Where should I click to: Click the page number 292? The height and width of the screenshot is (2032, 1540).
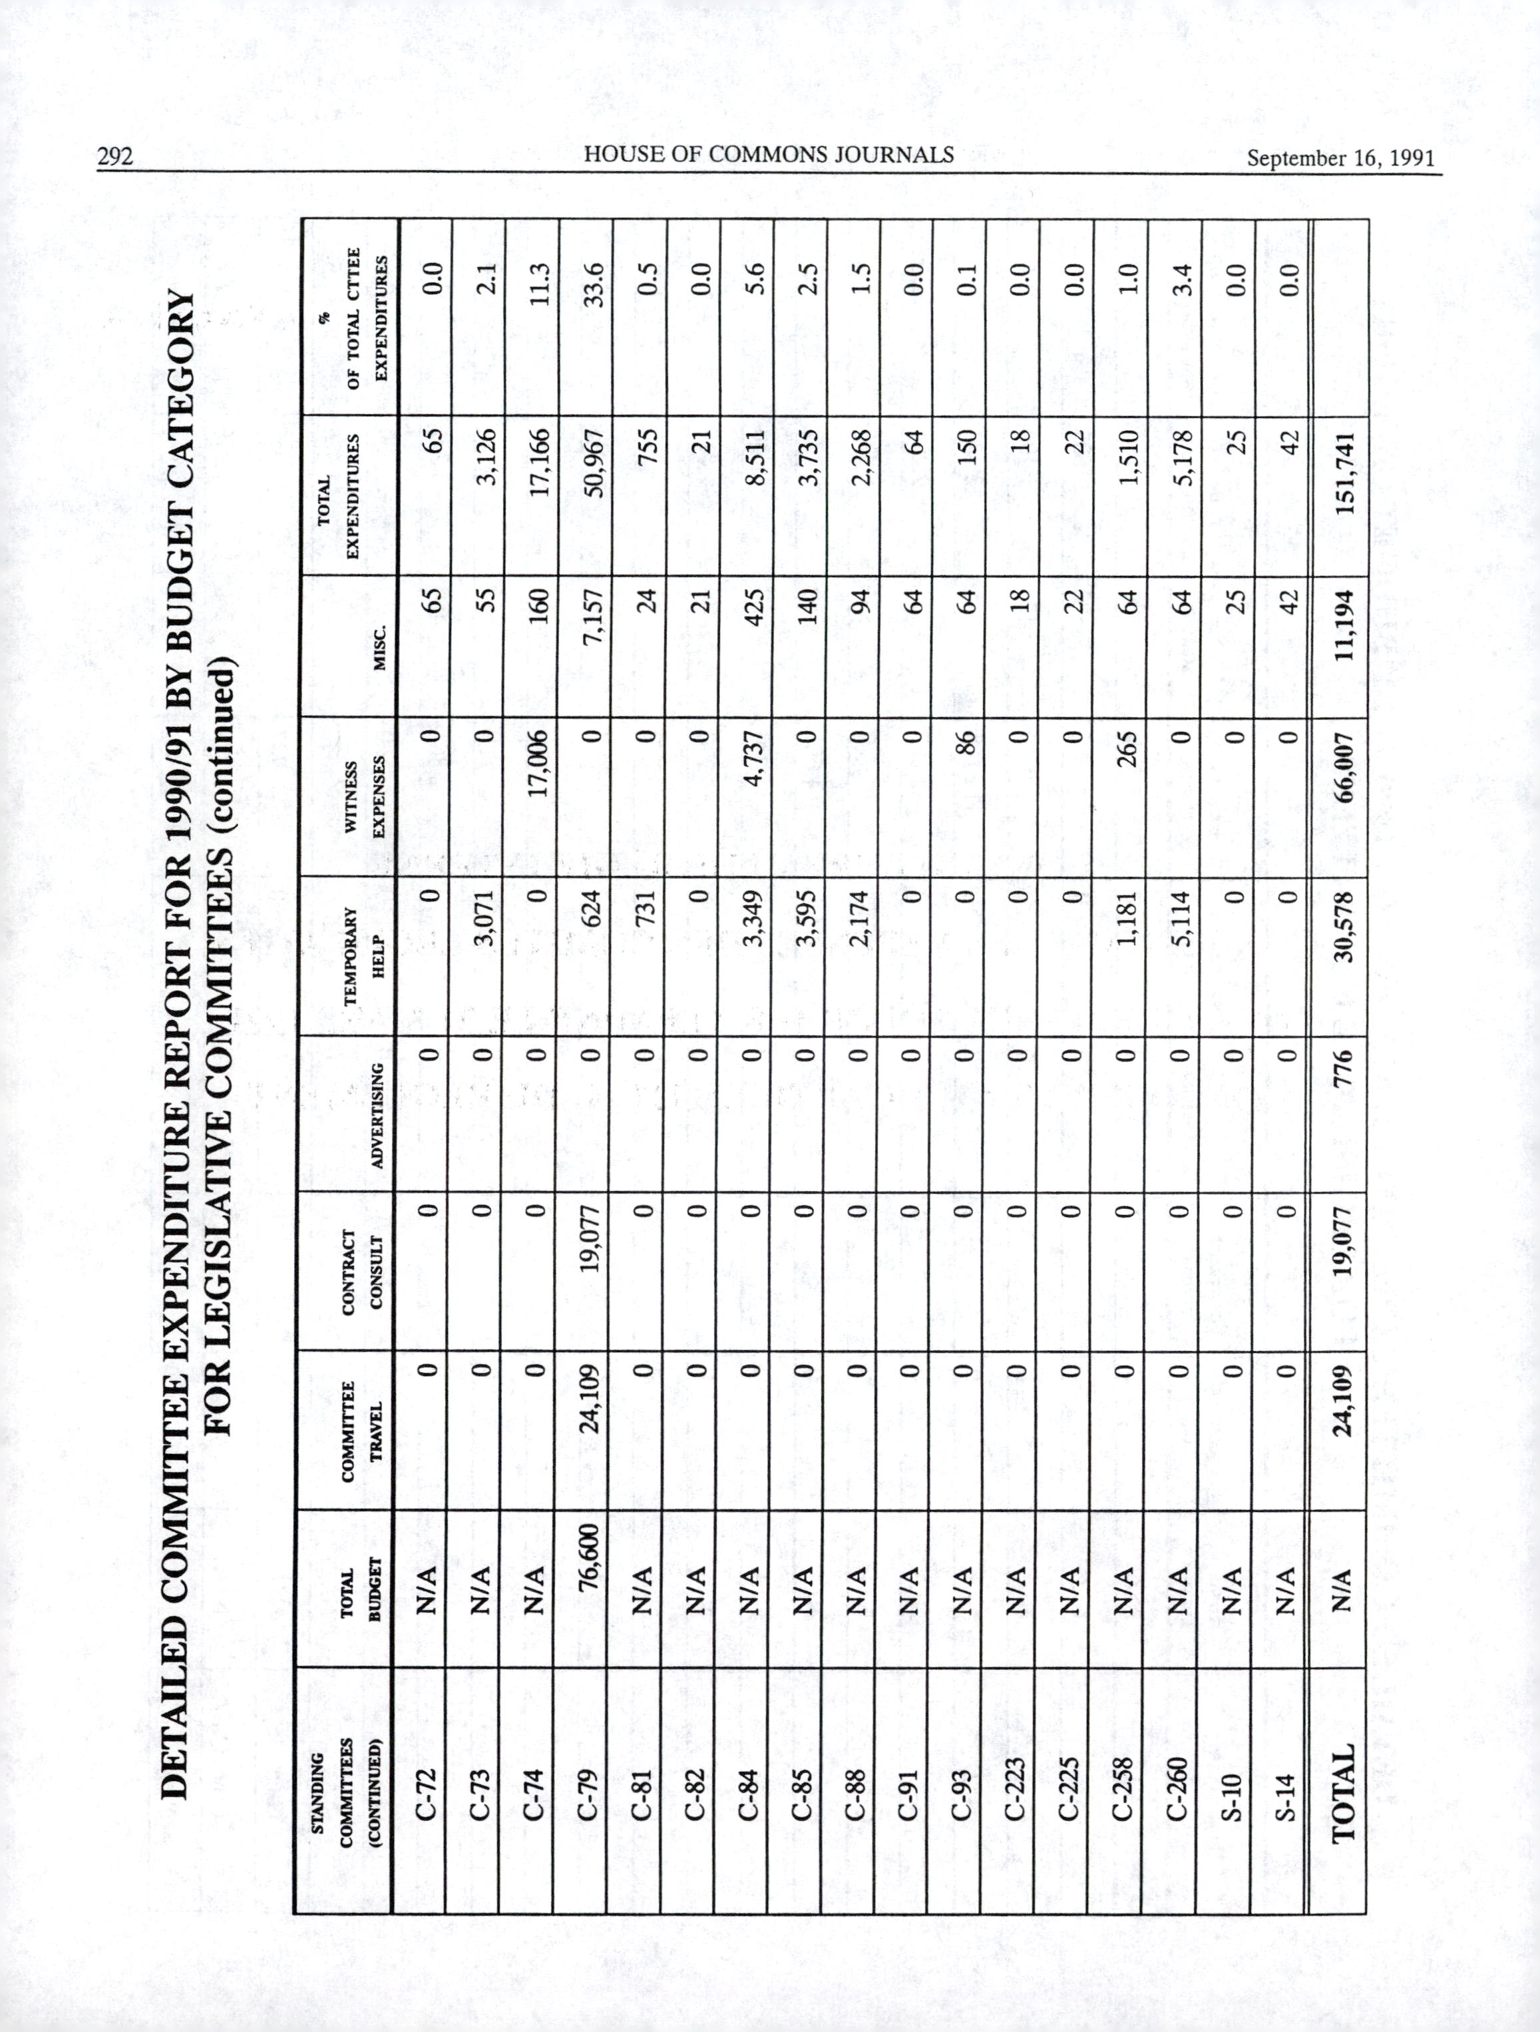pos(116,157)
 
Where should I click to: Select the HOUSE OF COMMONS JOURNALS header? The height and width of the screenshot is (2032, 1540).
pos(769,154)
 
